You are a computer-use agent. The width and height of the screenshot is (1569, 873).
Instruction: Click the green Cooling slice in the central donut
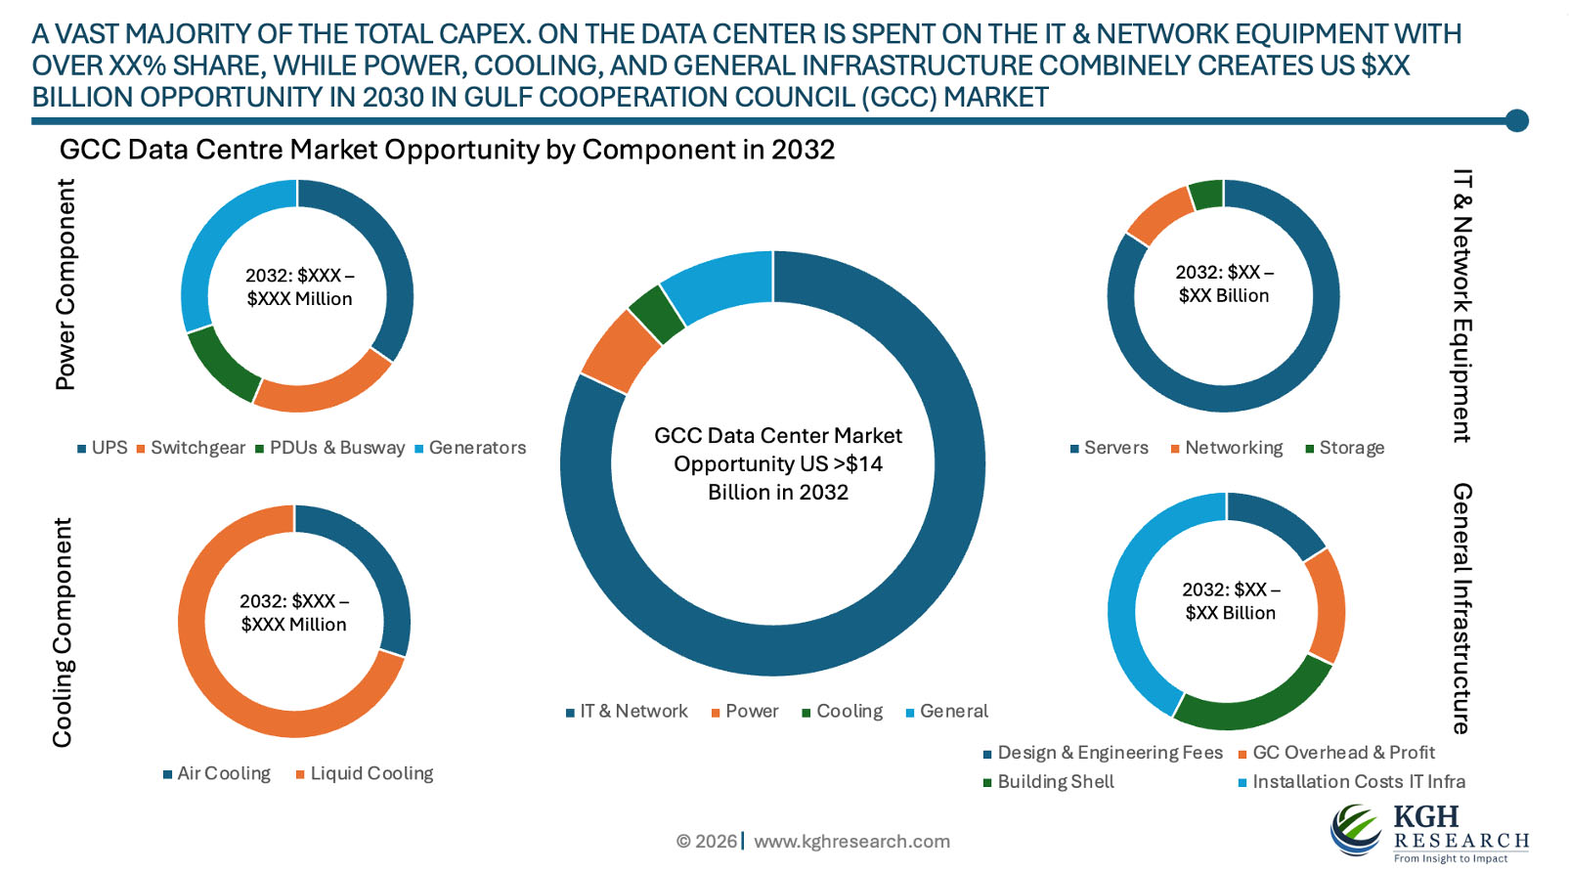click(657, 313)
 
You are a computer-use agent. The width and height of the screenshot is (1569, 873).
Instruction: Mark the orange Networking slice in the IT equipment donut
click(1159, 214)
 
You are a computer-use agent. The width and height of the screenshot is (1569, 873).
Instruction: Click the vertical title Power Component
click(65, 284)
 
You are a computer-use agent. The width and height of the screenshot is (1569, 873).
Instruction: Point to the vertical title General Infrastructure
click(1461, 607)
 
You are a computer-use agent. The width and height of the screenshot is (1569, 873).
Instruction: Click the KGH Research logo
click(1428, 832)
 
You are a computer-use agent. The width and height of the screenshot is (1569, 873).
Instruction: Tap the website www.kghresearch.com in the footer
click(851, 842)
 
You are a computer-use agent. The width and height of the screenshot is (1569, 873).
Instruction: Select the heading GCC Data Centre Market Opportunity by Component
click(447, 150)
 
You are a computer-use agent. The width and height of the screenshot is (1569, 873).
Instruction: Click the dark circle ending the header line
click(1516, 120)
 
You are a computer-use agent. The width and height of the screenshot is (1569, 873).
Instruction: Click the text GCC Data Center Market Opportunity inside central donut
click(778, 463)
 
